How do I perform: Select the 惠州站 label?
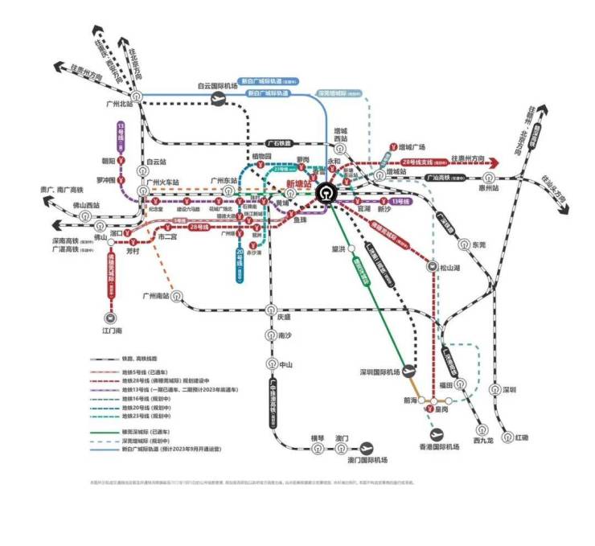tap(511, 188)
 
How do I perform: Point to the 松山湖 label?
tap(452, 268)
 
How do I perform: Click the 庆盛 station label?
tap(284, 317)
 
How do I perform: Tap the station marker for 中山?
tap(272, 364)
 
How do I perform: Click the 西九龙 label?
tap(483, 440)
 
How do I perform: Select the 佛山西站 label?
tap(84, 205)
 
